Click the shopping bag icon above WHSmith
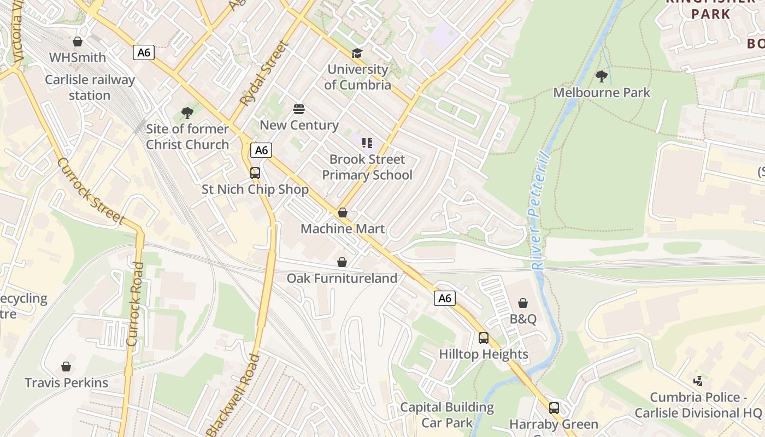click(x=78, y=42)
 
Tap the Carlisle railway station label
click(x=90, y=87)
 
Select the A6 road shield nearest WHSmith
click(x=144, y=52)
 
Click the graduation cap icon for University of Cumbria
click(x=357, y=53)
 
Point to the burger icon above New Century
click(x=298, y=109)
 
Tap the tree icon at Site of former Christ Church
click(x=187, y=113)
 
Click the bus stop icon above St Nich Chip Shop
click(x=255, y=173)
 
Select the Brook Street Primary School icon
click(x=367, y=143)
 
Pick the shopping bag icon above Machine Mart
click(x=343, y=212)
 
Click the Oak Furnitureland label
click(x=342, y=279)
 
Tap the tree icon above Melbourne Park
click(x=602, y=76)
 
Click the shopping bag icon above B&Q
click(x=523, y=303)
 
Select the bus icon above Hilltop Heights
click(x=484, y=338)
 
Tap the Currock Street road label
click(x=90, y=191)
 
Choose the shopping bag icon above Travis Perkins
click(x=66, y=367)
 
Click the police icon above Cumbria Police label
click(x=698, y=381)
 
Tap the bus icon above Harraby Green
click(x=554, y=408)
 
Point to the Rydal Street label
click(x=263, y=75)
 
